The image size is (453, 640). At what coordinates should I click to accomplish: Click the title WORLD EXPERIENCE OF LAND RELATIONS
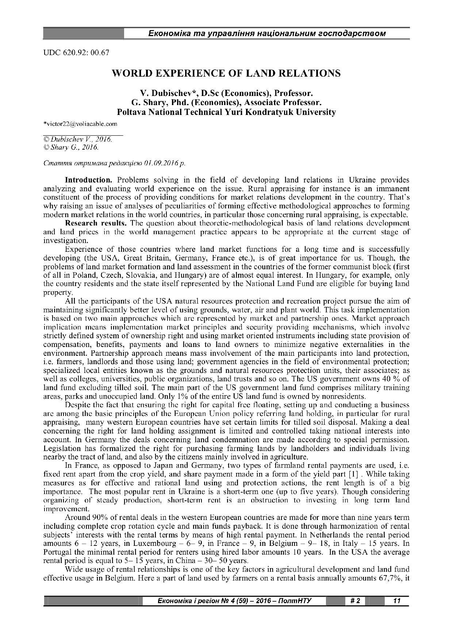(x=226, y=73)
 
